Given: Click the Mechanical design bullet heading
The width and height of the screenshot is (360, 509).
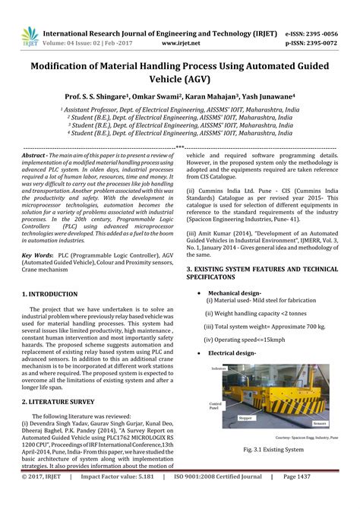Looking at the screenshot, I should tap(235, 292).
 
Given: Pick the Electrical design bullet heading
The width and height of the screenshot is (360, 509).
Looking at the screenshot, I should tap(232, 353).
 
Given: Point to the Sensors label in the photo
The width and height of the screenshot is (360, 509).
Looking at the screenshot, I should tap(321, 422).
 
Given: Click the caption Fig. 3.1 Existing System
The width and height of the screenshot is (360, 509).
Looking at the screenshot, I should tap(264, 451).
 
